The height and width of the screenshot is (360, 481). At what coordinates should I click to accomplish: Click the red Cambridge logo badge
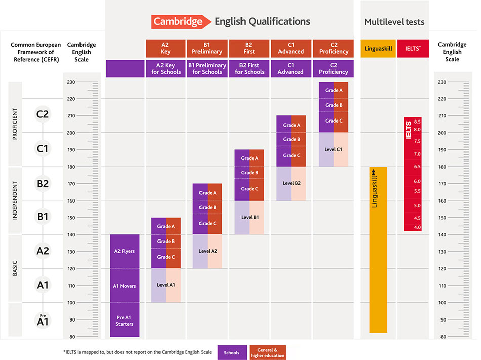coord(177,22)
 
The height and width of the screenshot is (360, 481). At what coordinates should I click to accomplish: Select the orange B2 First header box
coord(250,49)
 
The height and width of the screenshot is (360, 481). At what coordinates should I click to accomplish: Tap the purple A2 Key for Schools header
coord(166,69)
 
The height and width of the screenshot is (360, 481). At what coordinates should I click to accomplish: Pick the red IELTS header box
coord(413,49)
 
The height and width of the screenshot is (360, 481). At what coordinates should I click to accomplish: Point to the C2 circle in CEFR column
coord(43,114)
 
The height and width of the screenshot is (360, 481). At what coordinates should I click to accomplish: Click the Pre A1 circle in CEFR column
coord(43,320)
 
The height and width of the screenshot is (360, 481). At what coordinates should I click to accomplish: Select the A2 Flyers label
coord(125,251)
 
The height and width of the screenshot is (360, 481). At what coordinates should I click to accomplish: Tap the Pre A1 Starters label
coord(125,321)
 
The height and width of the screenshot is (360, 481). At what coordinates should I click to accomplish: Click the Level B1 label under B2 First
coord(250,217)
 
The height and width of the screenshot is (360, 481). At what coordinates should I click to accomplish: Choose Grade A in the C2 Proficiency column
coord(334,90)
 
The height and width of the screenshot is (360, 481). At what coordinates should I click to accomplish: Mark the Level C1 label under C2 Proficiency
coord(334,149)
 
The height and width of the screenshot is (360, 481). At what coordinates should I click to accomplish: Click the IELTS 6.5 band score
coord(417,167)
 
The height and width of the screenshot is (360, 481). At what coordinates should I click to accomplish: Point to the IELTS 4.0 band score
coord(417,227)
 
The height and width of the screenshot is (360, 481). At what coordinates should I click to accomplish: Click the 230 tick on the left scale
coord(71,82)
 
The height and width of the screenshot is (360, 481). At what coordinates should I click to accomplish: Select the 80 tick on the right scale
coord(442,337)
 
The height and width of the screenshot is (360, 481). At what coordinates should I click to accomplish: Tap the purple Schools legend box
coord(232,352)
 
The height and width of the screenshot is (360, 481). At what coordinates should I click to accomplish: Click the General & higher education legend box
coord(267,352)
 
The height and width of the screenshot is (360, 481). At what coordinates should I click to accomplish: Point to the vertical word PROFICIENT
coord(15,124)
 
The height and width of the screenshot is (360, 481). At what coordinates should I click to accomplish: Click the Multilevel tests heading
coord(394,22)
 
